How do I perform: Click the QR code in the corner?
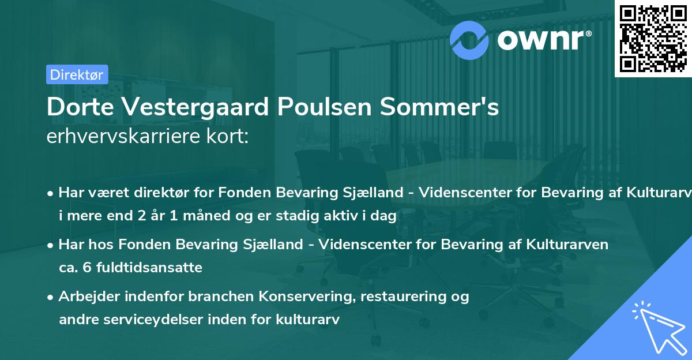click(x=653, y=39)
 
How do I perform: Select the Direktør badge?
click(x=77, y=74)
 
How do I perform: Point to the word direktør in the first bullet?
click(x=165, y=193)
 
